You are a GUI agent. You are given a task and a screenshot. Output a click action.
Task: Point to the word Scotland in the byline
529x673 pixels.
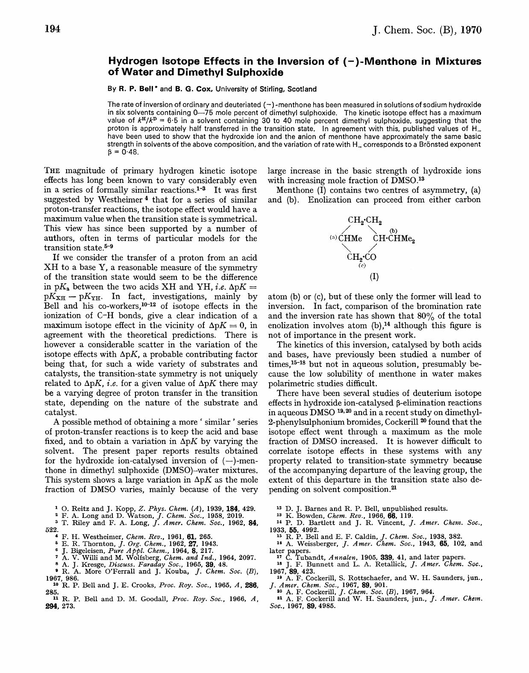[302, 89]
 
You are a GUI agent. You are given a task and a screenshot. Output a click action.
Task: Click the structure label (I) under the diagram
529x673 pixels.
[374, 276]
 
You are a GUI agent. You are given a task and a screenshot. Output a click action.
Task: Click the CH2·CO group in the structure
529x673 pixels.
[361, 257]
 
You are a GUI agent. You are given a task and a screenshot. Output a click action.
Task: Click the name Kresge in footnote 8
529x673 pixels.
[85, 564]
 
